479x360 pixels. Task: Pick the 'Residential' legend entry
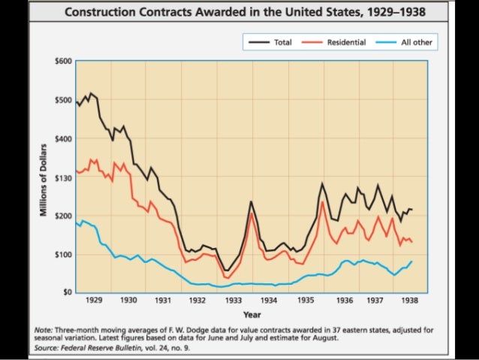346,42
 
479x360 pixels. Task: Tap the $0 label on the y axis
67,292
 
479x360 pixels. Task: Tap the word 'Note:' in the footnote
44,329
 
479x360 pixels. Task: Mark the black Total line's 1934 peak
251,201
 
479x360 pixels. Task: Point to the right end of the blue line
412,261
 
